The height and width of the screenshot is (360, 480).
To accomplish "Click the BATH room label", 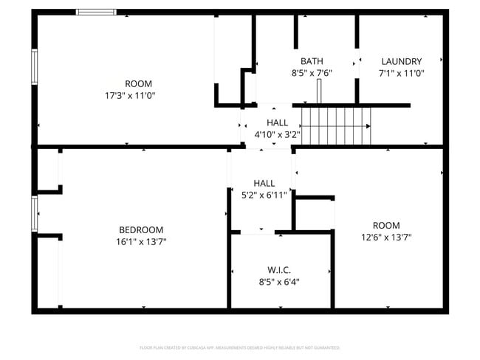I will coord(312,61).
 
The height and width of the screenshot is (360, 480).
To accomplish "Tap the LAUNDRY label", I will coord(401,61).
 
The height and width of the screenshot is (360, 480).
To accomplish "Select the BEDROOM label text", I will coord(141,229).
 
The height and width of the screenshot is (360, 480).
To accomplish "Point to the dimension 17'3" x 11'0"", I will coord(130,95).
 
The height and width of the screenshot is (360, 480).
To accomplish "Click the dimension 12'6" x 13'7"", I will coord(385,238).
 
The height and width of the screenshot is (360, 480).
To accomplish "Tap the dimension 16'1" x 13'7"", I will coord(141,241).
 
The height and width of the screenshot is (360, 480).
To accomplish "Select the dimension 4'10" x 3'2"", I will coord(277,135).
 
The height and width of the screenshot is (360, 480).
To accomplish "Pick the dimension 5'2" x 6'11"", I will coord(264,195).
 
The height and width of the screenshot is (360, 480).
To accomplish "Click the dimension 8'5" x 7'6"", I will coord(312,73).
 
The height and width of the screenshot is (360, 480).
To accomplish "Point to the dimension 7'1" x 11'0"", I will coord(401,73).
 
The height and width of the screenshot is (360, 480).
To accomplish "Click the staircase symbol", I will coord(336,125).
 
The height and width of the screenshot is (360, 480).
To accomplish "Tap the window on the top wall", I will coord(96,12).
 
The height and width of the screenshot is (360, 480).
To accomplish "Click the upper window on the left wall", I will coord(34,66).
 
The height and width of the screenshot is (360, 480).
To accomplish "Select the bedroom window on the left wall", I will coord(34,214).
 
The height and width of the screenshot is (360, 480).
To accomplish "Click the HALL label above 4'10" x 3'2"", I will coord(277,123).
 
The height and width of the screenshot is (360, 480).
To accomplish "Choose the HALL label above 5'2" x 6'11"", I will coord(264,183).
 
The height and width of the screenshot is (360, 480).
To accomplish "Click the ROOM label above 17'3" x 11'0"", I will coord(138,83).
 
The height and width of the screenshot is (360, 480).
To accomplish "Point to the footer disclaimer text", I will coord(239,347).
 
